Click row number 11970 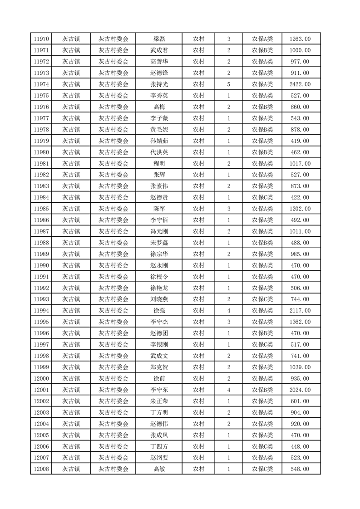(41, 39)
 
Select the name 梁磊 (159, 39)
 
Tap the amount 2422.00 (300, 84)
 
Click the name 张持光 (159, 84)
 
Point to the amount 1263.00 (300, 39)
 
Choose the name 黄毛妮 (159, 130)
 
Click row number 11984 (41, 197)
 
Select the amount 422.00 (300, 197)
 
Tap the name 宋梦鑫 (159, 243)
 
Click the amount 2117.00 (300, 311)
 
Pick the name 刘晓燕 (159, 299)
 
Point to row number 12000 (41, 378)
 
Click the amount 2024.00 (300, 390)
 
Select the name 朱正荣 (159, 401)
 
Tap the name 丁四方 (159, 446)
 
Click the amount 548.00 (300, 469)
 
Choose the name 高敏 (159, 469)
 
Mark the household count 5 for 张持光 (228, 84)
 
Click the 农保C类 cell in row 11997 (262, 345)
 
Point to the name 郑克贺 (159, 367)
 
